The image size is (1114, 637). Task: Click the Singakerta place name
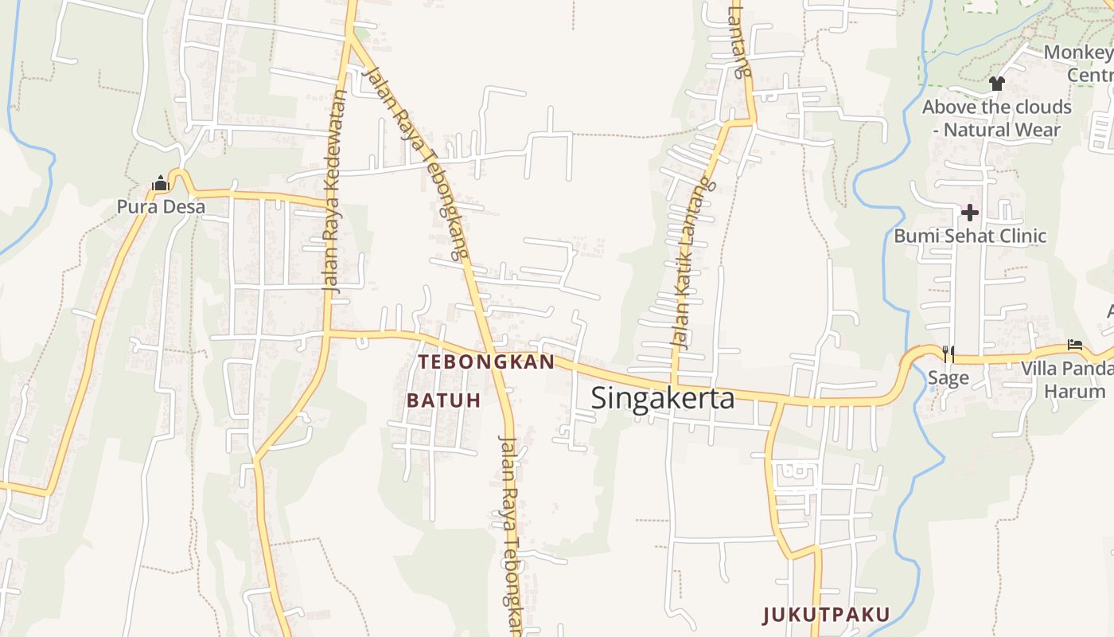coord(663,397)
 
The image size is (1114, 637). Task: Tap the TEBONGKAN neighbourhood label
coord(486,361)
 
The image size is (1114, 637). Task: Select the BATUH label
coord(444,400)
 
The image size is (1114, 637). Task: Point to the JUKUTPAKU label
coord(826,614)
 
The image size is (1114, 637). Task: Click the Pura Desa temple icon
coord(161,184)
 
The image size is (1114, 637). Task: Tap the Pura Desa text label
coord(161,207)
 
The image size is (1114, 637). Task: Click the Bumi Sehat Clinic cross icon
coord(970,213)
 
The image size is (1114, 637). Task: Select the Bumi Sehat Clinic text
coord(970,236)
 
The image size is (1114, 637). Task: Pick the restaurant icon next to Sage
coord(948,354)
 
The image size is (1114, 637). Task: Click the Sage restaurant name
coord(948,377)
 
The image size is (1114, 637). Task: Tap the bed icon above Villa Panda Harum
coord(1075,346)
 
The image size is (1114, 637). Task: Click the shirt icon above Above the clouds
coord(996,83)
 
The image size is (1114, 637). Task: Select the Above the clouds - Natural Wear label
coord(996,118)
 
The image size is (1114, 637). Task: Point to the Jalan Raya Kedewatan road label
coord(335,191)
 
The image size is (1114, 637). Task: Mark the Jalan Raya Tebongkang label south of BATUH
coord(509,533)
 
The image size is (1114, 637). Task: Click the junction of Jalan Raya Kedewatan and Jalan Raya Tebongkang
coord(349,36)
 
